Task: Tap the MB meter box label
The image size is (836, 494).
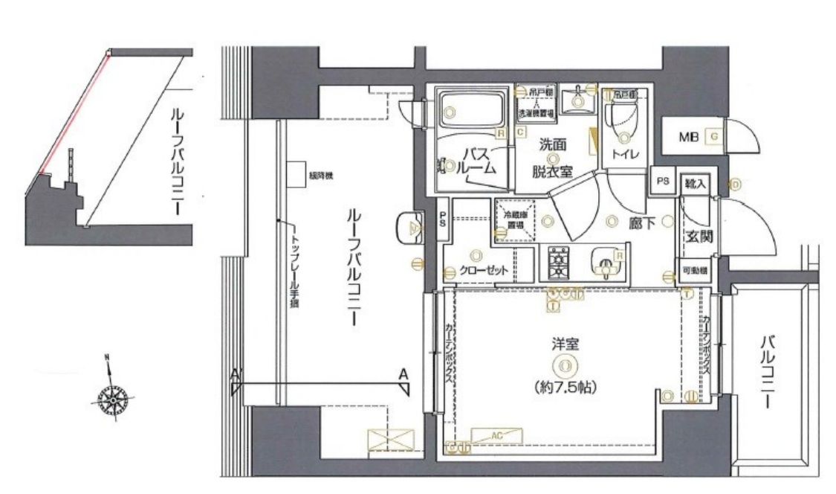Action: tap(688, 137)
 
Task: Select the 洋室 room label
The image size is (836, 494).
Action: tap(564, 344)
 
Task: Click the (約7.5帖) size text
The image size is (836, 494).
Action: tap(566, 388)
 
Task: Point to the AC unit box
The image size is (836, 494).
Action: tap(496, 435)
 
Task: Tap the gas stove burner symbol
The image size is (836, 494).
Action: tap(558, 262)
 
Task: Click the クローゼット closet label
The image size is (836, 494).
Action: tap(482, 271)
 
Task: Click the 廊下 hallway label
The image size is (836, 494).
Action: tap(641, 222)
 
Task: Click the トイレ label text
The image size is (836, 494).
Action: tap(623, 155)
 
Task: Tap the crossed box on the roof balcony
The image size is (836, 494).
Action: tap(387, 439)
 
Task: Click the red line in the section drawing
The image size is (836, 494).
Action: tap(74, 112)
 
